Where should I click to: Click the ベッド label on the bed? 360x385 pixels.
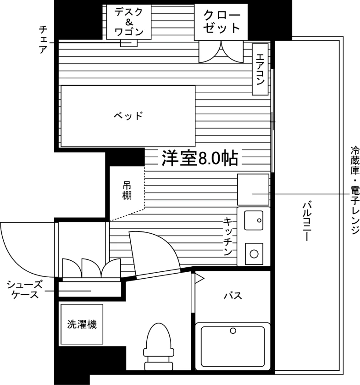128,115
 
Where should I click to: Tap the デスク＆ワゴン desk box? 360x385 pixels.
129,22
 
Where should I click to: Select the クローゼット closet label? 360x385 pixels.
222,22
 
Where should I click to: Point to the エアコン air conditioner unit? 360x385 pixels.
260,70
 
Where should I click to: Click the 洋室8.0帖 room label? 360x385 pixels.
200,159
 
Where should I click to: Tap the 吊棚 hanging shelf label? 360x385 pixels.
127,191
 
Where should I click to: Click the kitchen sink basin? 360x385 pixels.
254,220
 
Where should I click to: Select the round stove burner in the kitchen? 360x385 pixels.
254,254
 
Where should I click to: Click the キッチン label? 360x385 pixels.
227,236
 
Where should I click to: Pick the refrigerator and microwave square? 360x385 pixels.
253,190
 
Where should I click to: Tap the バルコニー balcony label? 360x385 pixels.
307,221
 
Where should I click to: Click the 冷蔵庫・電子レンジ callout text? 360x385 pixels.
355,190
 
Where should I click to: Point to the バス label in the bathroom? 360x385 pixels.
233,296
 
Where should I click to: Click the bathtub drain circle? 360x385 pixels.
233,331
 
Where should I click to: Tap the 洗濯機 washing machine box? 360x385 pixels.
82,324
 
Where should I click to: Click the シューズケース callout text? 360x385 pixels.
25,290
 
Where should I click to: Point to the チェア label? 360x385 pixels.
43,40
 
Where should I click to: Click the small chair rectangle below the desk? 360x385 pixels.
129,43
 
